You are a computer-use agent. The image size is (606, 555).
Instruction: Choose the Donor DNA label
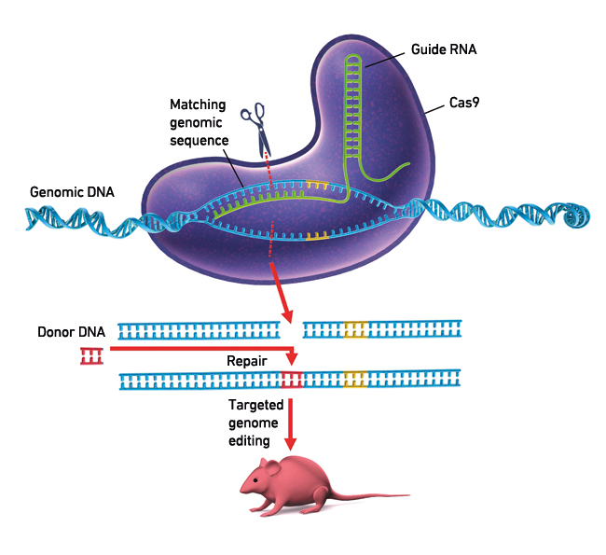click(x=71, y=331)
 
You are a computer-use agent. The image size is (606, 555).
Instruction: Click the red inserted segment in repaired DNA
click(x=292, y=379)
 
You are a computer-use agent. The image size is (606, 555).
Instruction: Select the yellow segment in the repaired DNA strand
click(x=355, y=379)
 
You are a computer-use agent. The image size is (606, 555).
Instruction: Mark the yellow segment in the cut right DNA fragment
click(x=355, y=328)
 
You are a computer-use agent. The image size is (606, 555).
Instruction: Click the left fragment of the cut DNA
click(x=200, y=328)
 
